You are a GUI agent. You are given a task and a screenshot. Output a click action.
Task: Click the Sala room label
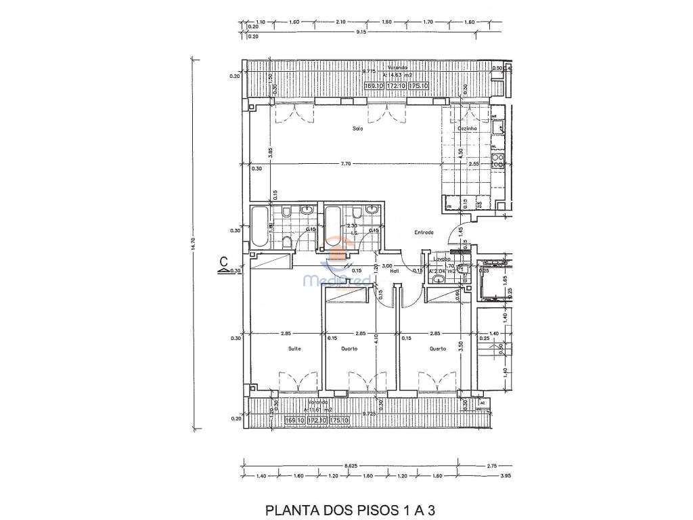point(357,129)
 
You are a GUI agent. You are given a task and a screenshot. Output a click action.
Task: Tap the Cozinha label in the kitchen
point(468,128)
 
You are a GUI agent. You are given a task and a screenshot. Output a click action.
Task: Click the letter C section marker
point(223,261)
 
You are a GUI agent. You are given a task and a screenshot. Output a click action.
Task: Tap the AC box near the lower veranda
point(482,402)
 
